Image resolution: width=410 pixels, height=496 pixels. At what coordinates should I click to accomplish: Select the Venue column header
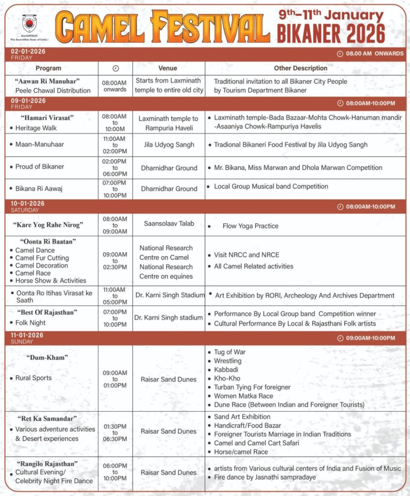167,68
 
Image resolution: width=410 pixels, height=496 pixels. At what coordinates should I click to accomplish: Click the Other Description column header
301,68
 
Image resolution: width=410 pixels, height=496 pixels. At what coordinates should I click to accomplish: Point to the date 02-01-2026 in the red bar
28,51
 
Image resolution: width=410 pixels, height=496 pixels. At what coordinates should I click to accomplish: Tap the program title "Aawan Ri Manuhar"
53,81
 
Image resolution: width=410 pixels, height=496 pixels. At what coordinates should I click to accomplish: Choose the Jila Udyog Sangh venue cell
168,144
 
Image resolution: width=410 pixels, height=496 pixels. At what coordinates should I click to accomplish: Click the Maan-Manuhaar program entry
40,144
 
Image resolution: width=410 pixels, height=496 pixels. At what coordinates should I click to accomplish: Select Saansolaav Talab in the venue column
168,223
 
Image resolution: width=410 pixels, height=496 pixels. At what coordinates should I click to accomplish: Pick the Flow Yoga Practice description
250,226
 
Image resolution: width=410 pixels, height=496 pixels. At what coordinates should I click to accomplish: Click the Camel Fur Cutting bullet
42,258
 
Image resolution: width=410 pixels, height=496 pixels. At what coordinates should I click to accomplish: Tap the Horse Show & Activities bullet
51,280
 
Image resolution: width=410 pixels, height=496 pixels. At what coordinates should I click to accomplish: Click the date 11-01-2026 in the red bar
28,335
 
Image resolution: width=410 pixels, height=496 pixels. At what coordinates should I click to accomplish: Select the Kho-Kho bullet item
227,378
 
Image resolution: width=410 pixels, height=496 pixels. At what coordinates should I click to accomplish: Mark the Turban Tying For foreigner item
252,387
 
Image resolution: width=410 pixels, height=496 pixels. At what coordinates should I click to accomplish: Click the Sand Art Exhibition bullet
242,417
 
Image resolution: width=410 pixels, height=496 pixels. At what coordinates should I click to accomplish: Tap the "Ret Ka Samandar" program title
48,418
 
